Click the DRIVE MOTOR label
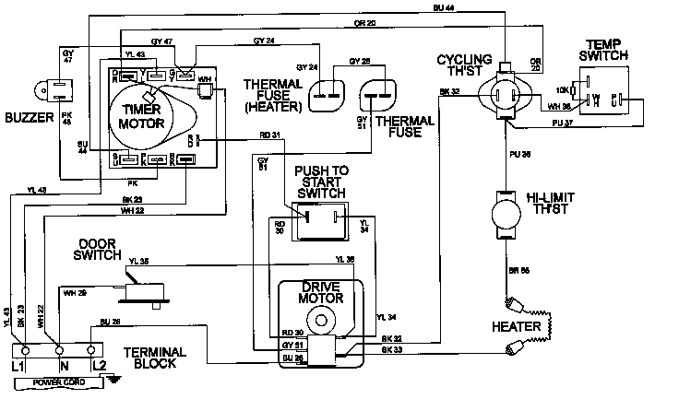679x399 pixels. click(322, 293)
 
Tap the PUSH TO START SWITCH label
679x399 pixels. click(320, 182)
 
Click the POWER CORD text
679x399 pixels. click(54, 381)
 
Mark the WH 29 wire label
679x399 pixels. click(74, 292)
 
